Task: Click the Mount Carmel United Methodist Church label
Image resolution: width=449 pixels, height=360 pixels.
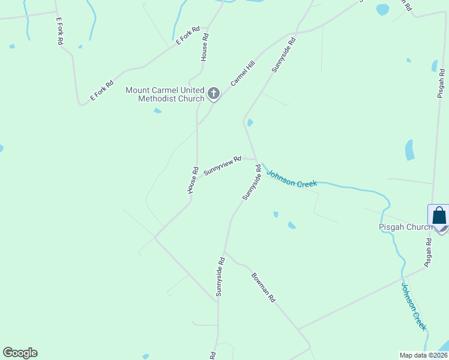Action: (x=164, y=94)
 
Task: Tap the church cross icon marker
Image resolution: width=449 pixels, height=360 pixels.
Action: (x=213, y=94)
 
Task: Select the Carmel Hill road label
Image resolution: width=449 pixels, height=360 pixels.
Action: (x=243, y=79)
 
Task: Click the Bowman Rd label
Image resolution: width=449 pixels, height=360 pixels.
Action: (x=263, y=287)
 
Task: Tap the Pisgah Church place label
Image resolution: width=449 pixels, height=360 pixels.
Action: (x=406, y=227)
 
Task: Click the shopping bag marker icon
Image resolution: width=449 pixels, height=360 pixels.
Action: (x=439, y=216)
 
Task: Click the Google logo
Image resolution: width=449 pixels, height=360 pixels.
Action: (x=20, y=353)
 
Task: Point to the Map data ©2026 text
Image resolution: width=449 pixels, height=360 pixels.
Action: (x=423, y=355)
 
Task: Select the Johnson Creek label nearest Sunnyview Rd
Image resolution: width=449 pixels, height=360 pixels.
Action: (x=291, y=178)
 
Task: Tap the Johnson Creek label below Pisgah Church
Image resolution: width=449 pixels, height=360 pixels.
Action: (x=414, y=307)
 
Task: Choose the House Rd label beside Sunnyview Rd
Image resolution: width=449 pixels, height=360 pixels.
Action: (x=192, y=180)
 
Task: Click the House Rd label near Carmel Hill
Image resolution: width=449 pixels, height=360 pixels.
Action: (x=205, y=47)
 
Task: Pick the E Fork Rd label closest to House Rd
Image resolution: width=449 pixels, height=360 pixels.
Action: (x=187, y=36)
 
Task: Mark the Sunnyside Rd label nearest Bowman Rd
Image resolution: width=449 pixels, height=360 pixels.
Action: (x=220, y=277)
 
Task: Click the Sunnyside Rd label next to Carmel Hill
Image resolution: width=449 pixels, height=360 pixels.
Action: (x=284, y=56)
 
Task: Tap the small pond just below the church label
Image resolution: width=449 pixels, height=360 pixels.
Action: (x=157, y=110)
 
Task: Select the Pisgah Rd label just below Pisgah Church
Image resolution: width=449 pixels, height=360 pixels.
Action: (x=429, y=253)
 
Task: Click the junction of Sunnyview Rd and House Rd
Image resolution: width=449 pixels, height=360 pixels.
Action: (x=197, y=177)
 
